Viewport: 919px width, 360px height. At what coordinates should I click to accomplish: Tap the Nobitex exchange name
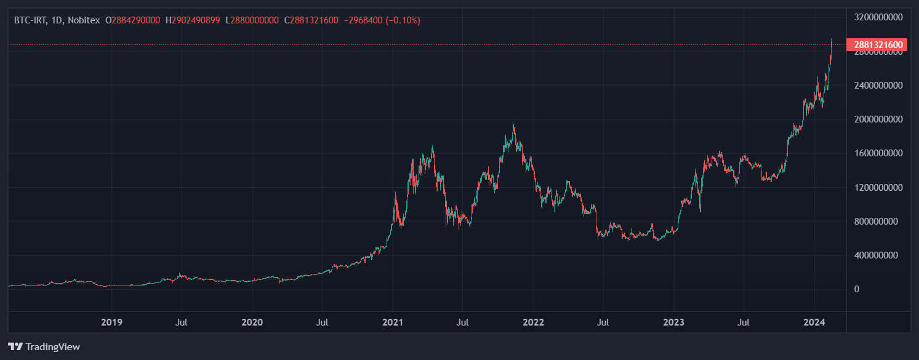(x=84, y=20)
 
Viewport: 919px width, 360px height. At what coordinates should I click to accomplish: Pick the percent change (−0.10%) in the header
(x=403, y=20)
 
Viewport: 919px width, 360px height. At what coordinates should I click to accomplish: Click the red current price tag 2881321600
(x=877, y=45)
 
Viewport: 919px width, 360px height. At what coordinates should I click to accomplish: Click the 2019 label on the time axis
(x=111, y=322)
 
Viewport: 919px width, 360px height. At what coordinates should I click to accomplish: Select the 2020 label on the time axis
(x=252, y=322)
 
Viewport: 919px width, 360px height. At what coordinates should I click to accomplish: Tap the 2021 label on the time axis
(x=393, y=322)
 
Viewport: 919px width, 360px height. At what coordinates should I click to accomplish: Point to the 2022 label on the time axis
(x=533, y=322)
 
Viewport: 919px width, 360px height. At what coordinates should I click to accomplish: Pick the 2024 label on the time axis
(x=814, y=322)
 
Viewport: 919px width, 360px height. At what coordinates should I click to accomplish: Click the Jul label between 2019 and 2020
(x=182, y=322)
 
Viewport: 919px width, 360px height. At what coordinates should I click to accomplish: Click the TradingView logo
(x=44, y=346)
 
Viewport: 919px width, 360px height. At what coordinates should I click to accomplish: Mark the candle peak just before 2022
(x=513, y=124)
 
